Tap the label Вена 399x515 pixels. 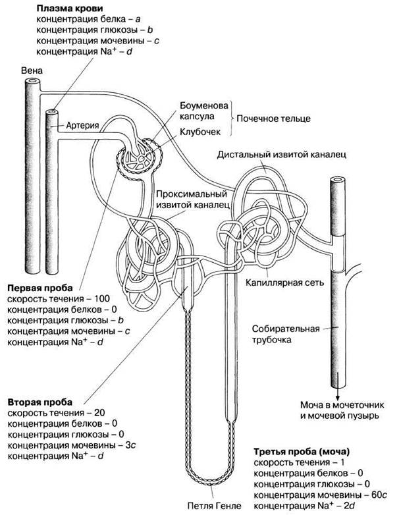tap(32, 70)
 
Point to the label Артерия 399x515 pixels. tap(82, 126)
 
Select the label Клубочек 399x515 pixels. tap(200, 132)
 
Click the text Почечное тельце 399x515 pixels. tap(273, 119)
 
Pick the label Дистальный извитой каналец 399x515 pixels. tap(281, 154)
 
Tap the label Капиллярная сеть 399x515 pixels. tap(285, 282)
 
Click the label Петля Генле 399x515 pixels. tap(214, 506)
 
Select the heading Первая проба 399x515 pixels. tap(40, 288)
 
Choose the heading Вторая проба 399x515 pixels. tap(40, 402)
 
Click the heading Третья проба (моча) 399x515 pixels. tap(302, 452)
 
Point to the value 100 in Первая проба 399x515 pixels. tap(102, 299)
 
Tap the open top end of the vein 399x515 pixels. tap(32, 81)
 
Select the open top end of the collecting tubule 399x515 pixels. tap(338, 180)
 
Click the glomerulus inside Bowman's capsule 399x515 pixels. tap(140, 158)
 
